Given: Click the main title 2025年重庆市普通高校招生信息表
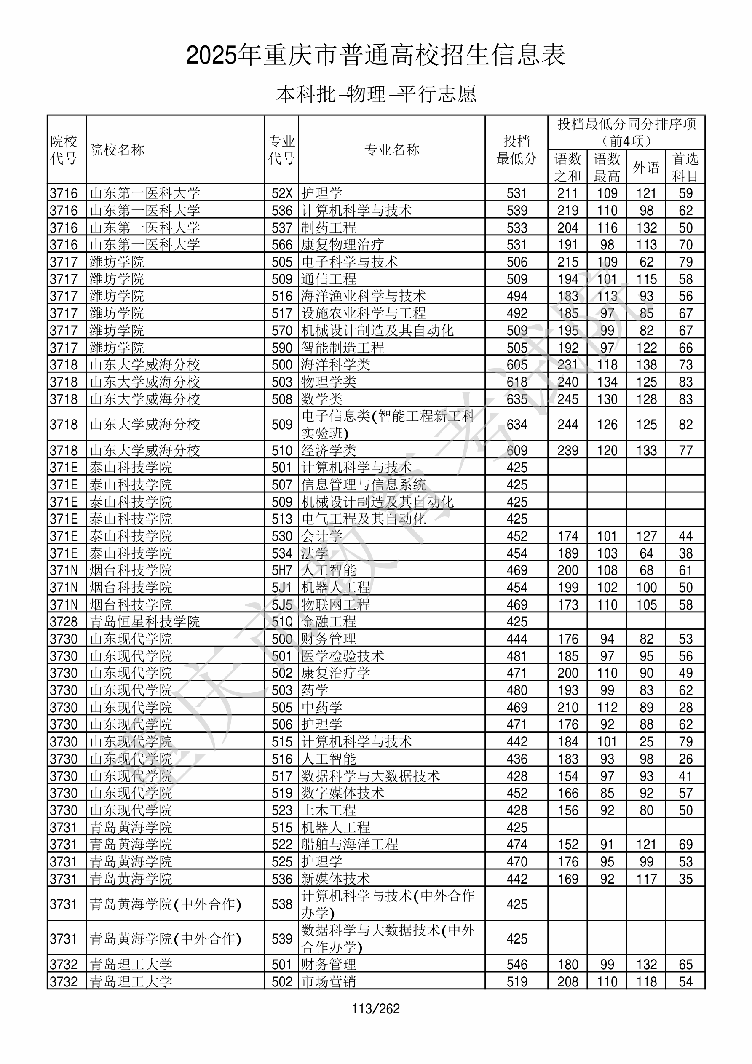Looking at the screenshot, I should (375, 55).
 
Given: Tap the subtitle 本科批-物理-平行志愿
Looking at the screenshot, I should (376, 94).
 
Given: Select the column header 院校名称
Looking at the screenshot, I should (117, 150).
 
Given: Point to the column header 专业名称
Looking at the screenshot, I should (392, 150).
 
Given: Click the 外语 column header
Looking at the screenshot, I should (646, 167).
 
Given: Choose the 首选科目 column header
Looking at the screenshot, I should (685, 167).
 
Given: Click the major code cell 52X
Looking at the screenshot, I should (282, 193).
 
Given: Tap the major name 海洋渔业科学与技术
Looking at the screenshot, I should (364, 296).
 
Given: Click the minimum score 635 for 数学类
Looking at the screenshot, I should (516, 399).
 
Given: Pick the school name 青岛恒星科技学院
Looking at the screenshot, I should (145, 621).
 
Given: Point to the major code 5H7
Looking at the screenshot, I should (282, 570).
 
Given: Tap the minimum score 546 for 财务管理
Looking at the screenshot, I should (516, 964).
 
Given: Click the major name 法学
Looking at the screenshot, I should (315, 553).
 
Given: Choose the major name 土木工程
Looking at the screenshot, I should (329, 810).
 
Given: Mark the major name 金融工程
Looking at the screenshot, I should (329, 621).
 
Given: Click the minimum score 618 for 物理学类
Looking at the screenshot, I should (516, 382).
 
